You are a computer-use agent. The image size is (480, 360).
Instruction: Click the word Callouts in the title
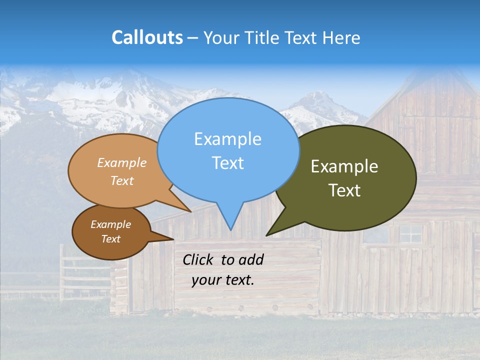(147, 37)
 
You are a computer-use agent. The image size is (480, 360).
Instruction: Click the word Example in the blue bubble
(228, 139)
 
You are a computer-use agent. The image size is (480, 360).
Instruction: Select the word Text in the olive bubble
(344, 190)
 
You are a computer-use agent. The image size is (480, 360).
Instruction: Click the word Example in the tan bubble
(122, 163)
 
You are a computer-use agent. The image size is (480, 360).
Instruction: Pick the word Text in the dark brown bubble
(111, 239)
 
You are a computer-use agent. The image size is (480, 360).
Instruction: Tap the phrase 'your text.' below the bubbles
(223, 280)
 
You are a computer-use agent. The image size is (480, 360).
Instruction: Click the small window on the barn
(411, 233)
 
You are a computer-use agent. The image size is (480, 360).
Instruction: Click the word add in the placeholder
(251, 259)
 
